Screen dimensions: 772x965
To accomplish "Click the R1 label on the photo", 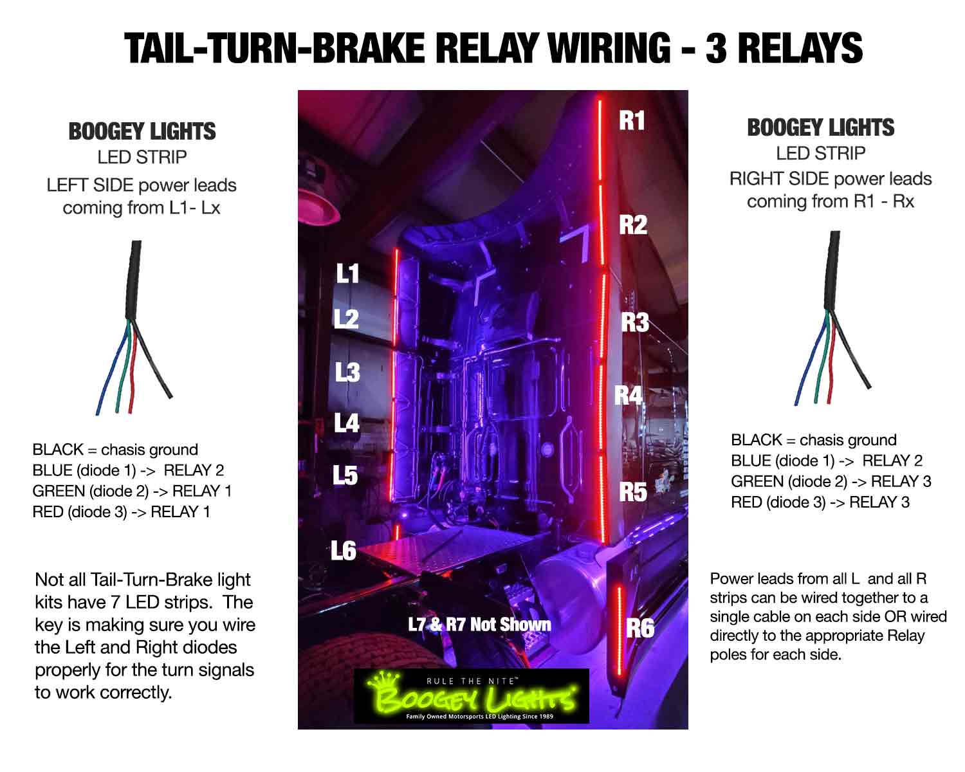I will pyautogui.click(x=631, y=120).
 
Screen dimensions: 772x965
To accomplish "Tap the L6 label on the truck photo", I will pyautogui.click(x=344, y=551).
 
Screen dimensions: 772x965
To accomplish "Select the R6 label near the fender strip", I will pyautogui.click(x=639, y=628).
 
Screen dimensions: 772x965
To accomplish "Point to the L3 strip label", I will pyautogui.click(x=347, y=372).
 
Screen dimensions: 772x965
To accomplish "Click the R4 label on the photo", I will pyautogui.click(x=628, y=396).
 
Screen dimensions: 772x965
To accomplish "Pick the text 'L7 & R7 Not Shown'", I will pyautogui.click(x=479, y=625).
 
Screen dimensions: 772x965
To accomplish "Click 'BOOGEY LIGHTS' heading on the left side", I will pyautogui.click(x=142, y=132).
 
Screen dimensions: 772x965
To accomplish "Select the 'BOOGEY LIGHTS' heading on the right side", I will pyautogui.click(x=820, y=128).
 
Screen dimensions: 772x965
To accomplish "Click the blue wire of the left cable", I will pyautogui.click(x=113, y=370).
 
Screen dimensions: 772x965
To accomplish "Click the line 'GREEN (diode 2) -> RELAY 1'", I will pyautogui.click(x=132, y=492).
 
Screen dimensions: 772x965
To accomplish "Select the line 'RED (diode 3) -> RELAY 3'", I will pyautogui.click(x=820, y=502).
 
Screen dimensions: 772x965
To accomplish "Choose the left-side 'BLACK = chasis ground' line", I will pyautogui.click(x=115, y=450).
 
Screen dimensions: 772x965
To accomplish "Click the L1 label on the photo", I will pyautogui.click(x=347, y=274).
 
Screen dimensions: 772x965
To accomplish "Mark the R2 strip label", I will pyautogui.click(x=632, y=225).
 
